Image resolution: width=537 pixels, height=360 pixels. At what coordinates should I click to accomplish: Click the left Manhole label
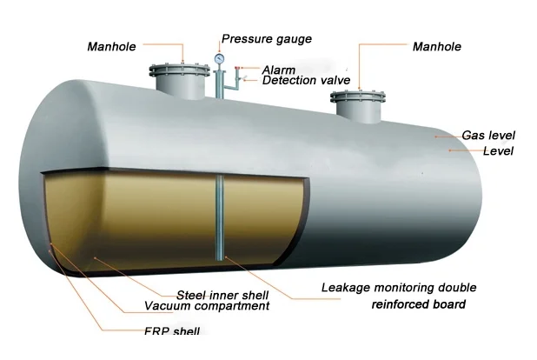pos(111,46)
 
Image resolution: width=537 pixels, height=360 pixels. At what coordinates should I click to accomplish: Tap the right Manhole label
pos(437,46)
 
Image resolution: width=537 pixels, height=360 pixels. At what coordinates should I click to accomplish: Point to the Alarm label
pos(278,70)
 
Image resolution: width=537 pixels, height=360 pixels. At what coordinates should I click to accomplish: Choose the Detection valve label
pos(306,81)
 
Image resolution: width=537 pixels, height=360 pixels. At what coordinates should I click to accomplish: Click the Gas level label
pos(488,136)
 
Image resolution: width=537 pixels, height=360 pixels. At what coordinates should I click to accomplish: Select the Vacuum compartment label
pos(207,306)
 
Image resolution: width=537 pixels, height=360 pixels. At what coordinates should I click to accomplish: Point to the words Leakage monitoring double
pos(399,288)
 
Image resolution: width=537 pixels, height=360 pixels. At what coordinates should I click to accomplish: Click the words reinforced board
pos(419,304)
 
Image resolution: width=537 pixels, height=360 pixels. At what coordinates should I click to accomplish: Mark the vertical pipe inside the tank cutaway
pos(220,217)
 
